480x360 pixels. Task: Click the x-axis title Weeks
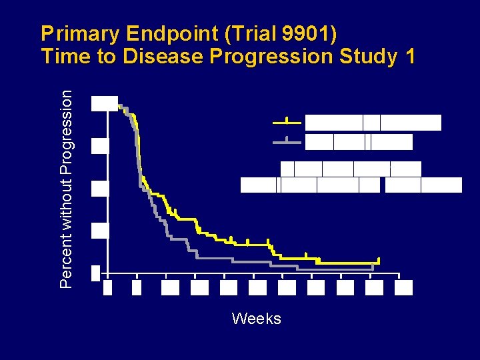(x=256, y=319)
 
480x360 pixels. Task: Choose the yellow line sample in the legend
(x=287, y=123)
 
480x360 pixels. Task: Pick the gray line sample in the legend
(x=287, y=141)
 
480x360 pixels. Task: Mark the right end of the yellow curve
(x=379, y=261)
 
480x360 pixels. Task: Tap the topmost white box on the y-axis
(x=105, y=103)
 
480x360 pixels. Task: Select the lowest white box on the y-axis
(x=95, y=273)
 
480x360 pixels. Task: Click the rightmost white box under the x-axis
(x=403, y=287)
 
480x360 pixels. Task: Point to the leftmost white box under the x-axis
(x=108, y=287)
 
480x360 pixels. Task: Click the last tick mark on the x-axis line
(x=399, y=275)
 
